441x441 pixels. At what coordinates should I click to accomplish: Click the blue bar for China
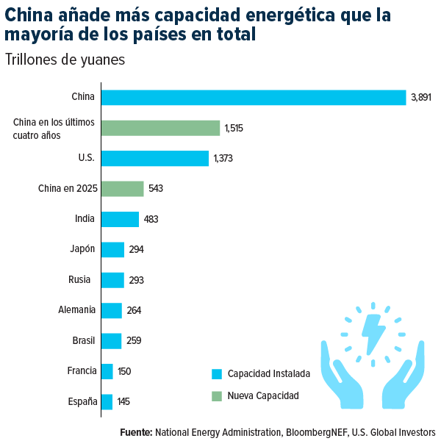coord(253,97)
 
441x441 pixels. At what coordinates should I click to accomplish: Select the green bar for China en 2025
coord(122,189)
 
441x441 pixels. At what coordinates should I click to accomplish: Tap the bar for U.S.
coord(154,158)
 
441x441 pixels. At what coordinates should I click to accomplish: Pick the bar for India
coord(120,219)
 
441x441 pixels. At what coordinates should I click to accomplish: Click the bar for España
coord(107,402)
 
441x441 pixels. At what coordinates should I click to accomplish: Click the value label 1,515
coord(234,128)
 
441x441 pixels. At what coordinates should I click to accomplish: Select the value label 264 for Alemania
coord(134,310)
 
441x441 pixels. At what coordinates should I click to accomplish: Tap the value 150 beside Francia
coord(124,371)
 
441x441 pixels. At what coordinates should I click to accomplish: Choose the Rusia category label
coord(79,279)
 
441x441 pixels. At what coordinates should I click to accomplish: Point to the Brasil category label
coord(84,340)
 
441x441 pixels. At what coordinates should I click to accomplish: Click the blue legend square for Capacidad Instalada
coord(216,373)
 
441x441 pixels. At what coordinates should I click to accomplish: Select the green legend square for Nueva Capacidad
coord(216,396)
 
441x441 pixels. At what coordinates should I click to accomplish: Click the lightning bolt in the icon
coord(374,334)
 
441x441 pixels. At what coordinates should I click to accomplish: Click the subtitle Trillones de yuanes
coord(65,60)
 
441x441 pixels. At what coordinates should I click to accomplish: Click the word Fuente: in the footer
coord(136,432)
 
